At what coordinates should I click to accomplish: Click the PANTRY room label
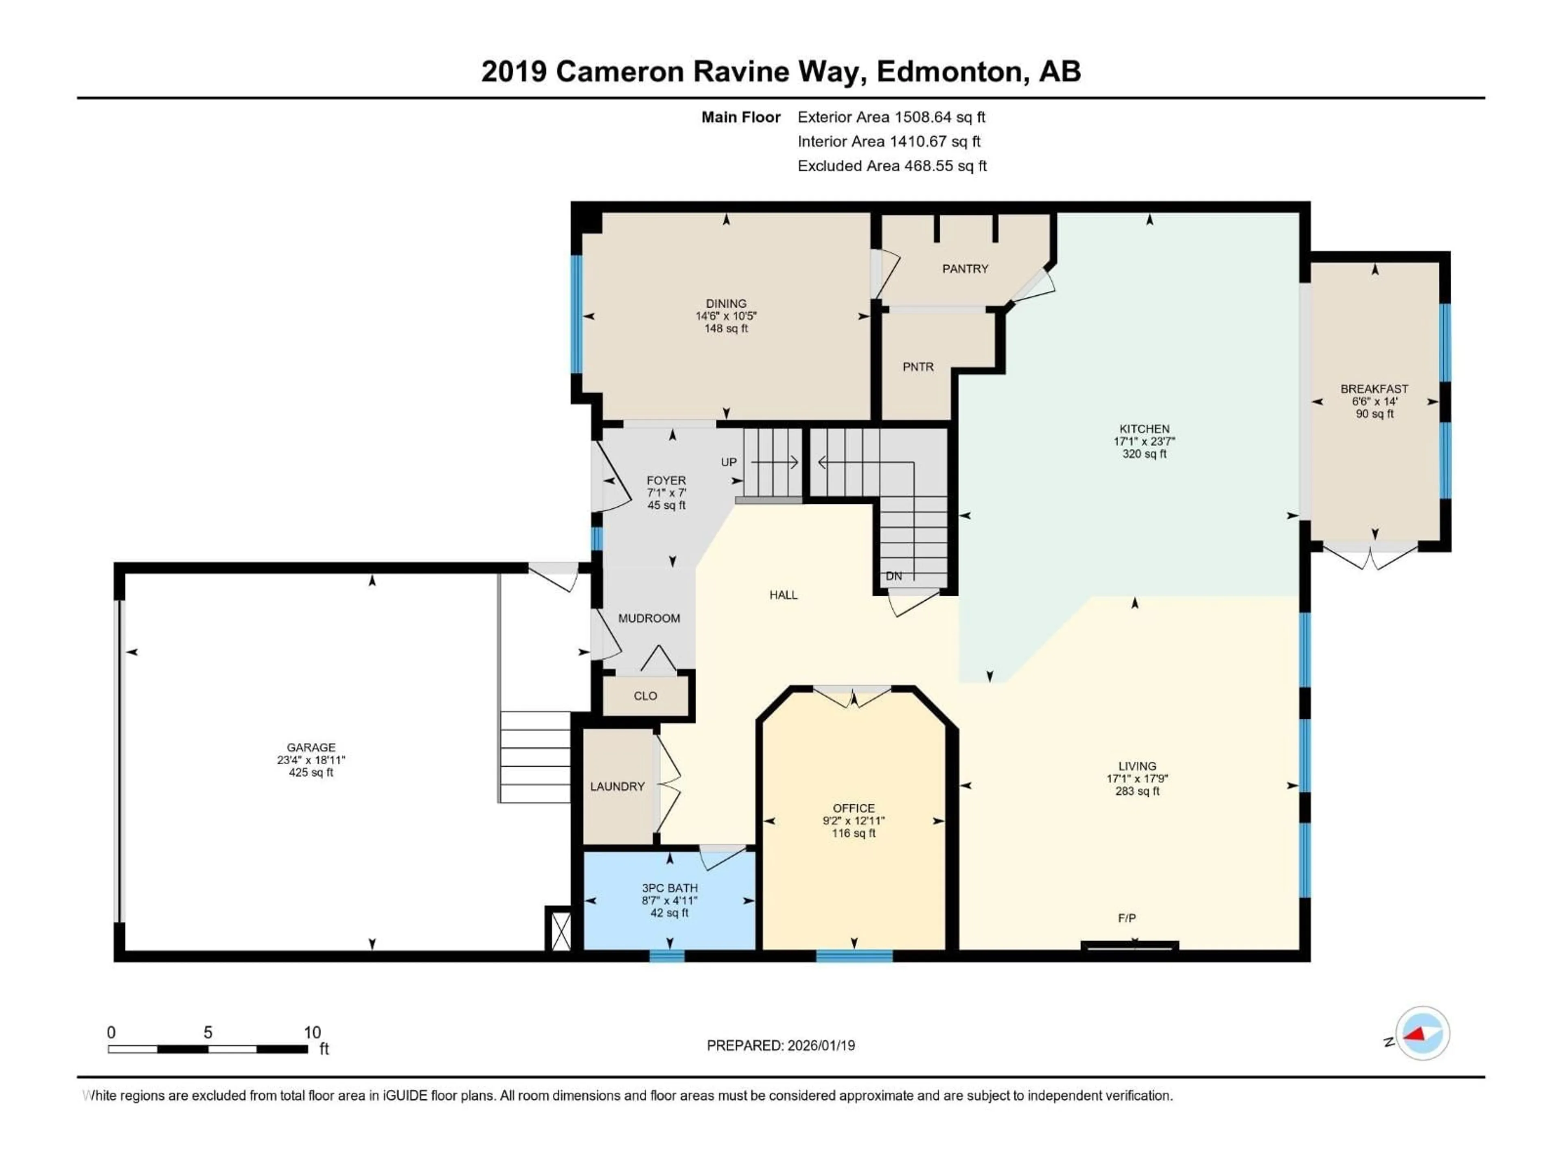(x=965, y=269)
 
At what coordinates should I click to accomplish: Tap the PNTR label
(x=918, y=367)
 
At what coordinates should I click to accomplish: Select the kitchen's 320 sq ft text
(x=1144, y=454)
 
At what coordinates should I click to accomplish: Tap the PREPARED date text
(x=781, y=1045)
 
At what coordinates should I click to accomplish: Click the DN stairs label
(x=894, y=576)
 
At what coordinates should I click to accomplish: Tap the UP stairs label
(x=729, y=462)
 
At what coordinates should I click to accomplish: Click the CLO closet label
(x=645, y=696)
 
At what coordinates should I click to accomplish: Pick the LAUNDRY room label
(x=617, y=786)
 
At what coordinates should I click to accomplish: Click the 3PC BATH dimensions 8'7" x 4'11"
(x=669, y=901)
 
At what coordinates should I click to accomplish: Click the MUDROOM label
(x=649, y=618)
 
